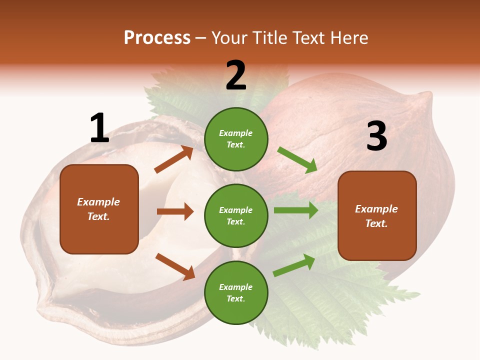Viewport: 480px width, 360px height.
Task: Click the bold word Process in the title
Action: [157, 38]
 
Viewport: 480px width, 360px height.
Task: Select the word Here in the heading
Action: [349, 38]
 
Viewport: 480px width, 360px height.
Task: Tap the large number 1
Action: [99, 128]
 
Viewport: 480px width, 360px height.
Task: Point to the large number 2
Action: [236, 75]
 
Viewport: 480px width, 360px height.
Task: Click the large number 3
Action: [376, 136]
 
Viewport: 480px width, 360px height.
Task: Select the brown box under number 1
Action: [99, 209]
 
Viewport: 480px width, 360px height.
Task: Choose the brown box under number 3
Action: [377, 215]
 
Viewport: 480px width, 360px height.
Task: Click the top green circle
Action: [236, 139]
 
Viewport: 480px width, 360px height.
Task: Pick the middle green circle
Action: [236, 215]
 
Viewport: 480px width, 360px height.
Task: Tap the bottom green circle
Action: [236, 292]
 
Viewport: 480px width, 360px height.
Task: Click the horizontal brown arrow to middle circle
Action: [175, 211]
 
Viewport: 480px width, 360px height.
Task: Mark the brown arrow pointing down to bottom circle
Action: [175, 266]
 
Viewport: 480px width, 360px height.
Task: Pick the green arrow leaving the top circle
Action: [297, 160]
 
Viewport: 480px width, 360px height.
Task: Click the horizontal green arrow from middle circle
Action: [296, 210]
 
